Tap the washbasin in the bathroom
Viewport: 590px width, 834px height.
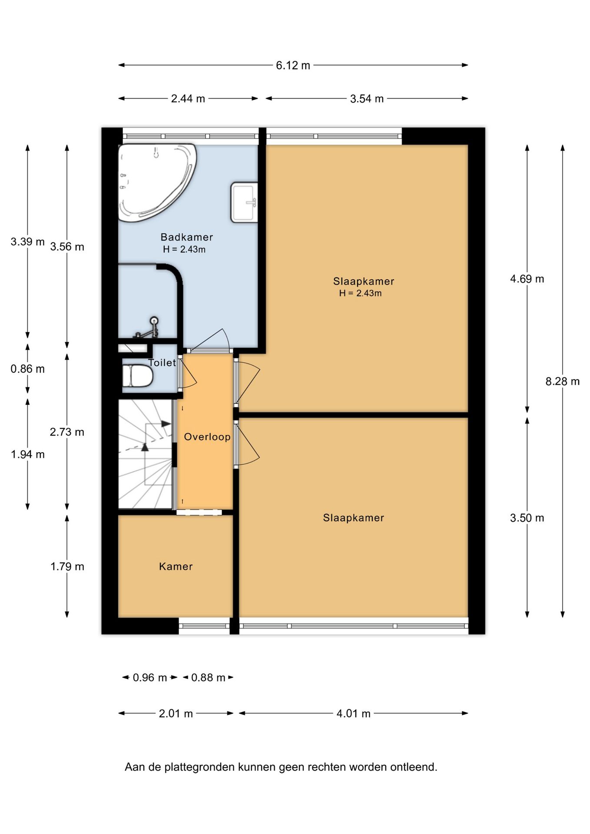click(244, 202)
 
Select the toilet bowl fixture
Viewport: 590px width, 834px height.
click(137, 376)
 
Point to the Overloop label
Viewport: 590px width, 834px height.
click(207, 437)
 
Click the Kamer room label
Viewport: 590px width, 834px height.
click(176, 566)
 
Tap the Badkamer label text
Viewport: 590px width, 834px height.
click(187, 237)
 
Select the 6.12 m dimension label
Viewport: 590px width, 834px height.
click(293, 65)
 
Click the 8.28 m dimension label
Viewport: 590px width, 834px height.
click(563, 381)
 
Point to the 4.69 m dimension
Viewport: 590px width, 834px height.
click(527, 279)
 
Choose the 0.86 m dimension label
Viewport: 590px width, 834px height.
click(28, 369)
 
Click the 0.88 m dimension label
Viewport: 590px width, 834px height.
click(208, 678)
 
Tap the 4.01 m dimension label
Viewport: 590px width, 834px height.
click(354, 714)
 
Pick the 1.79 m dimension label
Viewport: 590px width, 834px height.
click(67, 566)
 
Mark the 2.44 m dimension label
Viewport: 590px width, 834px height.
click(188, 99)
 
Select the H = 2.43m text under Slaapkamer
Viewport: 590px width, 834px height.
click(360, 293)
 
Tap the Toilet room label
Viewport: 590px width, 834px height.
click(162, 363)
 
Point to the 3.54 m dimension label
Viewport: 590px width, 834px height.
click(367, 99)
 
